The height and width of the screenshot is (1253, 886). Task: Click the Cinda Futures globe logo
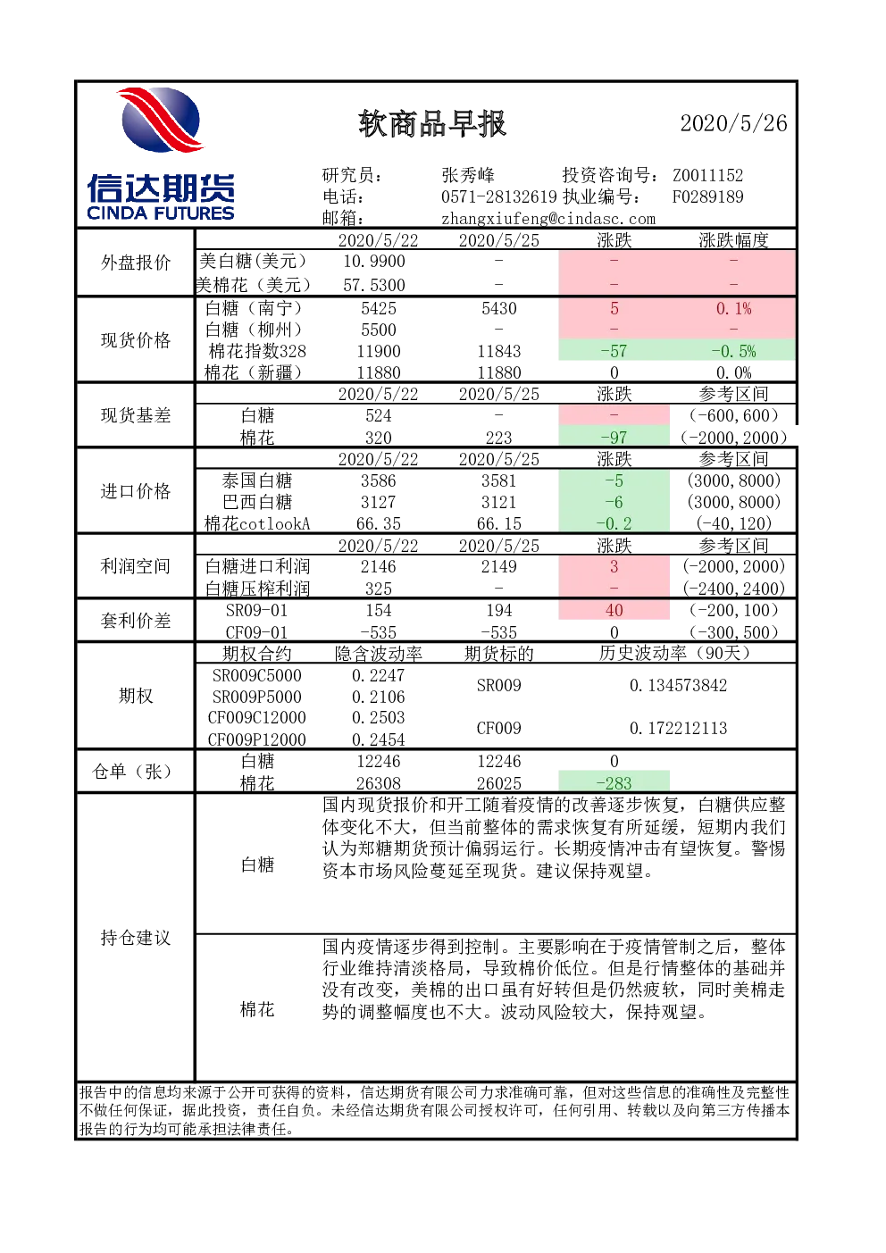click(x=161, y=119)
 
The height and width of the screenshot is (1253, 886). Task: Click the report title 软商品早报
click(x=432, y=123)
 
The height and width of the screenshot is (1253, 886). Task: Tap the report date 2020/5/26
click(x=733, y=123)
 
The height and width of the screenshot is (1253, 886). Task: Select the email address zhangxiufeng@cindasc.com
click(x=548, y=218)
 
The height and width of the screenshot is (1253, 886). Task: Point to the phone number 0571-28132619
click(x=499, y=196)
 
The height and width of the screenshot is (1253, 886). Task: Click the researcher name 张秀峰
click(x=468, y=175)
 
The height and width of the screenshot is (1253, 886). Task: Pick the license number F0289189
click(x=707, y=196)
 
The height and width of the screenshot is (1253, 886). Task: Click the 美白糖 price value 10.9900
click(x=374, y=262)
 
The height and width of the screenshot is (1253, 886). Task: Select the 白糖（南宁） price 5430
click(x=499, y=308)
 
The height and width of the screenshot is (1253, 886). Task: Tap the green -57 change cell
click(x=614, y=351)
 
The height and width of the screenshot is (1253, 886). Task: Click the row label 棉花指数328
click(x=257, y=351)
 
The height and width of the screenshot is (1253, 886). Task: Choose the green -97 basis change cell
click(x=614, y=437)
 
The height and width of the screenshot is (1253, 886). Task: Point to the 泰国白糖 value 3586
click(x=378, y=480)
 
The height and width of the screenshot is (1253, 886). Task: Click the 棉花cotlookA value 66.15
click(x=499, y=523)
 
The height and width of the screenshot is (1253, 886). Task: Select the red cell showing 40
click(x=614, y=610)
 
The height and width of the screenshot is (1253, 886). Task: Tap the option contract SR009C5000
click(x=256, y=676)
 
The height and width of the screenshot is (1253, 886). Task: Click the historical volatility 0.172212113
click(x=678, y=728)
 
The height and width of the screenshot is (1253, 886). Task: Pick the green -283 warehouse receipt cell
click(x=614, y=782)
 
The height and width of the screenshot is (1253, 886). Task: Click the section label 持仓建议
click(x=136, y=938)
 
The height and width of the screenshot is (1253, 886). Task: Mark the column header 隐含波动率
click(x=378, y=654)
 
